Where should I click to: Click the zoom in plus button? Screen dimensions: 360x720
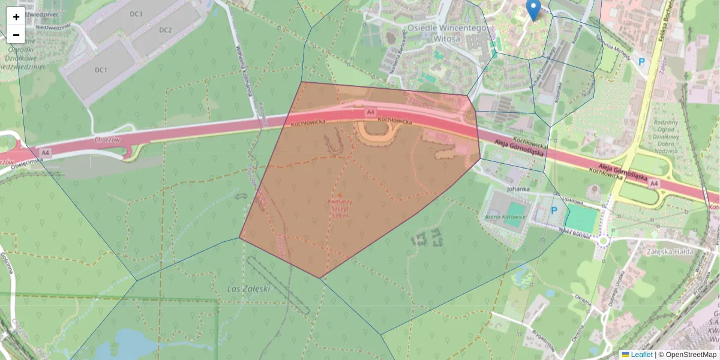coord(16,17)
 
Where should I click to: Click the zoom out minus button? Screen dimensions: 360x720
coord(16,35)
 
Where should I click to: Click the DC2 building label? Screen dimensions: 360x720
coord(166,30)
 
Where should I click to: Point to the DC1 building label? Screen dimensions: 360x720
coord(101,70)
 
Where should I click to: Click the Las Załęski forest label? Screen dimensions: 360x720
coord(249,289)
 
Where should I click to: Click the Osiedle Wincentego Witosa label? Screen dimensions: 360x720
coord(438,33)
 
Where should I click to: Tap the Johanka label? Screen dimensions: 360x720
coord(518,189)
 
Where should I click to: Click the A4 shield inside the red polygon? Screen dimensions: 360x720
coord(371,112)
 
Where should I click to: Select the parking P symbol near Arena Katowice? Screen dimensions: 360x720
coord(554,211)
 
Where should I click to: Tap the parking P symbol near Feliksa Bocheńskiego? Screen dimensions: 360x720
coord(641,62)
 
